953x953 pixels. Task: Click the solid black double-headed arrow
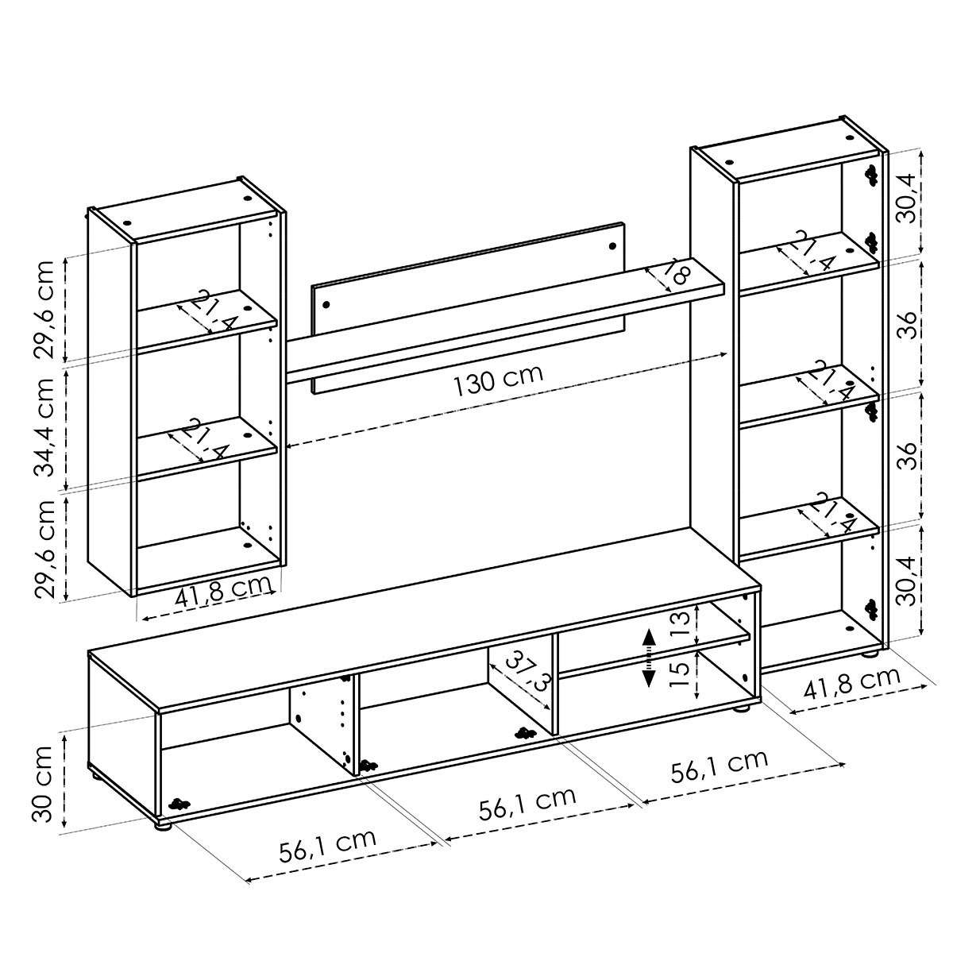(x=648, y=658)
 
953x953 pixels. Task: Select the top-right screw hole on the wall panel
(x=614, y=245)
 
